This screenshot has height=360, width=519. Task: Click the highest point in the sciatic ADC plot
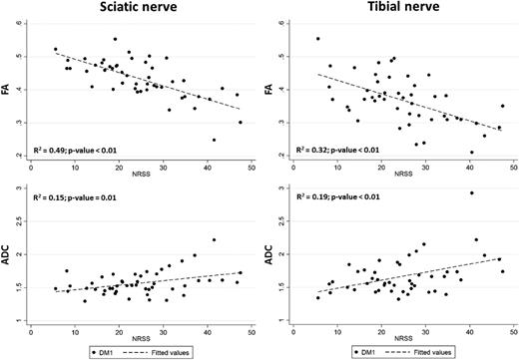pyautogui.click(x=214, y=239)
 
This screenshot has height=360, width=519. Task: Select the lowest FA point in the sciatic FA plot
pyautogui.click(x=214, y=140)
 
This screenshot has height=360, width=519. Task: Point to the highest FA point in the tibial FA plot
pyautogui.click(x=317, y=39)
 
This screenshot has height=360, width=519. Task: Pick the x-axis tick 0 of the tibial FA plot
pyautogui.click(x=295, y=167)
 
